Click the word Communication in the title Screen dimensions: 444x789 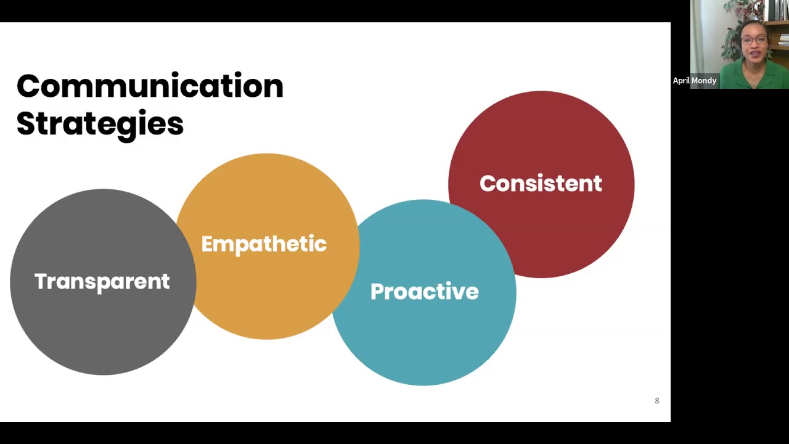click(150, 86)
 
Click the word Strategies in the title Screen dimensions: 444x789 click(100, 124)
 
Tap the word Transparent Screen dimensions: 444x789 click(102, 281)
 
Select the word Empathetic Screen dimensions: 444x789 click(264, 244)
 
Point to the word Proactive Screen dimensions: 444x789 click(424, 292)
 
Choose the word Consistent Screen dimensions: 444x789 click(541, 184)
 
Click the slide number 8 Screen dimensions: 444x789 click(657, 401)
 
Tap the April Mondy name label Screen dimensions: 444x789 click(695, 81)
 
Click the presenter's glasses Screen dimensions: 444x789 click(754, 41)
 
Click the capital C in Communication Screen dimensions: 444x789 click(28, 86)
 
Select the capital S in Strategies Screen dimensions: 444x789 click(25, 123)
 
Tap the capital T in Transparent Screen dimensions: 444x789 click(40, 281)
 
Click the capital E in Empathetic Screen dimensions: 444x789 click(207, 244)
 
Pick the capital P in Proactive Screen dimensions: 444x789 click(377, 292)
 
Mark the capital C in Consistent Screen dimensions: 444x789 click(488, 184)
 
